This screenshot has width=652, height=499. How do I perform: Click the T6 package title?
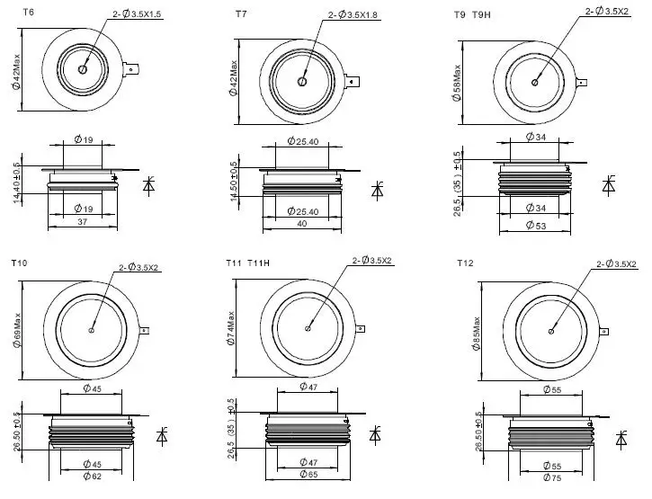click(x=28, y=12)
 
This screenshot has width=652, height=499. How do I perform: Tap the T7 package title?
click(x=241, y=14)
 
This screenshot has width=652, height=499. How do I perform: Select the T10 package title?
click(x=19, y=263)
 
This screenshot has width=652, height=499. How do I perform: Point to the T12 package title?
click(x=465, y=263)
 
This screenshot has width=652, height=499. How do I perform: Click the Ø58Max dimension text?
click(x=457, y=83)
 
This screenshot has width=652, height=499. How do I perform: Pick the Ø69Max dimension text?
click(x=16, y=331)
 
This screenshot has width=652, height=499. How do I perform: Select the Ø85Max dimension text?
click(x=476, y=334)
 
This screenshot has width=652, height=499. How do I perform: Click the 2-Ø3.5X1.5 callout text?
click(x=137, y=13)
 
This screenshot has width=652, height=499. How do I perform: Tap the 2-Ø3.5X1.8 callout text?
click(x=353, y=15)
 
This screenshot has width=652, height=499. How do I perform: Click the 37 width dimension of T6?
click(x=83, y=222)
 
